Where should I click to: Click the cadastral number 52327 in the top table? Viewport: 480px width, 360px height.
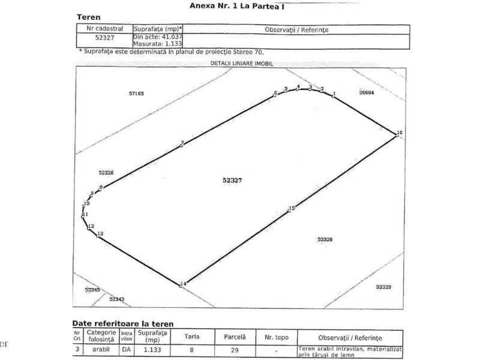tap(104, 37)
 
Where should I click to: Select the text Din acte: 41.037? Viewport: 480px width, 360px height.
tap(157, 37)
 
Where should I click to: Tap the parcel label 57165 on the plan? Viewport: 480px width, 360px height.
tap(137, 94)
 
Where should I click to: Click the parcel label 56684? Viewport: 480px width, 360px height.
tap(366, 93)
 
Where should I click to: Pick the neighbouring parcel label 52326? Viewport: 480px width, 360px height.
tap(106, 173)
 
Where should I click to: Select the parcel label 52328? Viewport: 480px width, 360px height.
tap(325, 239)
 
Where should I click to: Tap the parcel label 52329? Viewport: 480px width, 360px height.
tap(383, 287)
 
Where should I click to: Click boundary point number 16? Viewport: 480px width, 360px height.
tap(400, 133)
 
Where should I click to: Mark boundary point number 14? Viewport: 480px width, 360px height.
tap(184, 283)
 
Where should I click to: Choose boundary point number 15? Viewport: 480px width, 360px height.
tap(292, 208)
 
